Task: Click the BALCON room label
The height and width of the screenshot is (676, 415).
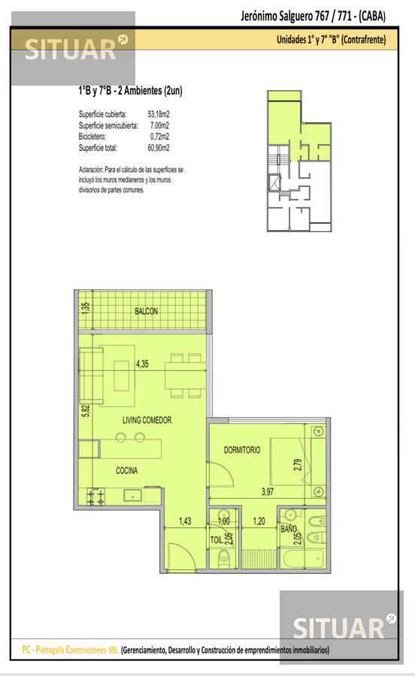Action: (x=147, y=311)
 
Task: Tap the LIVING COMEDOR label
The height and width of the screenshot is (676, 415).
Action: (x=147, y=420)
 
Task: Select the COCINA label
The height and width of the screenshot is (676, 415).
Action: (x=127, y=470)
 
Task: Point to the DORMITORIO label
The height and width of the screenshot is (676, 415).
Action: (x=242, y=450)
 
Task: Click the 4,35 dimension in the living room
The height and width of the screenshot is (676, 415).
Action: (x=142, y=364)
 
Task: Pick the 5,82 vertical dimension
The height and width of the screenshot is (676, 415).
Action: (x=86, y=410)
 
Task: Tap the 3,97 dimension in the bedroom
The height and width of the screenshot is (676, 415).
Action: (x=268, y=491)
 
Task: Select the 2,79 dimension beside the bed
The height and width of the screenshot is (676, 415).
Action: (x=297, y=464)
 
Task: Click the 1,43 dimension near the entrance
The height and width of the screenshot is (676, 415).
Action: (x=185, y=521)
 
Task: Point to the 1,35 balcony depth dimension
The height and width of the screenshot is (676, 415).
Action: (x=86, y=308)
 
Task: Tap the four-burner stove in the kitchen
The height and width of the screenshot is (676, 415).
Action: (x=95, y=496)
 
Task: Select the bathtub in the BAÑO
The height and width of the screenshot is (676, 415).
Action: (x=302, y=558)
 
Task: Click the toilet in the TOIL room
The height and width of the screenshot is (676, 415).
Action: (x=224, y=558)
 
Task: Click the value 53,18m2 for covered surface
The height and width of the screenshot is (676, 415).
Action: (x=159, y=114)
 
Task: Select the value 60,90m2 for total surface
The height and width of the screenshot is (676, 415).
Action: (x=159, y=148)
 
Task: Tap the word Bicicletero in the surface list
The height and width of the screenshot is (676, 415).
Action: (x=92, y=137)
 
